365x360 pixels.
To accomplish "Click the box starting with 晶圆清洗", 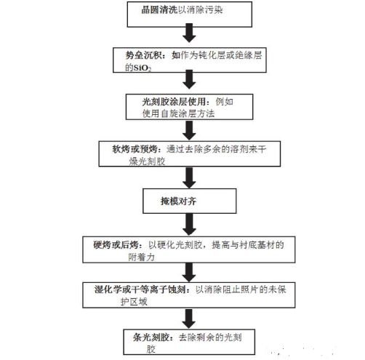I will (x=188, y=13).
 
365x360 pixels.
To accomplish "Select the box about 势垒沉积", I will (x=188, y=61).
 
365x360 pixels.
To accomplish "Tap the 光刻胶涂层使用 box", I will (x=188, y=108).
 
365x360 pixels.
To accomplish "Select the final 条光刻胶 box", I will (x=188, y=339).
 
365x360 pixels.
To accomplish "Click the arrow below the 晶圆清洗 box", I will (x=188, y=33).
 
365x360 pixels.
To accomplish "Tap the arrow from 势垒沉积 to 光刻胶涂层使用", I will (x=188, y=84).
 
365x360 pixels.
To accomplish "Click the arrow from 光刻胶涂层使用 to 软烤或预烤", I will (x=188, y=129).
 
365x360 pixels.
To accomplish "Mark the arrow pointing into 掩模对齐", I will (x=188, y=175).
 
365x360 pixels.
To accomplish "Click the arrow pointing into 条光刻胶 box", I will (x=188, y=316).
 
